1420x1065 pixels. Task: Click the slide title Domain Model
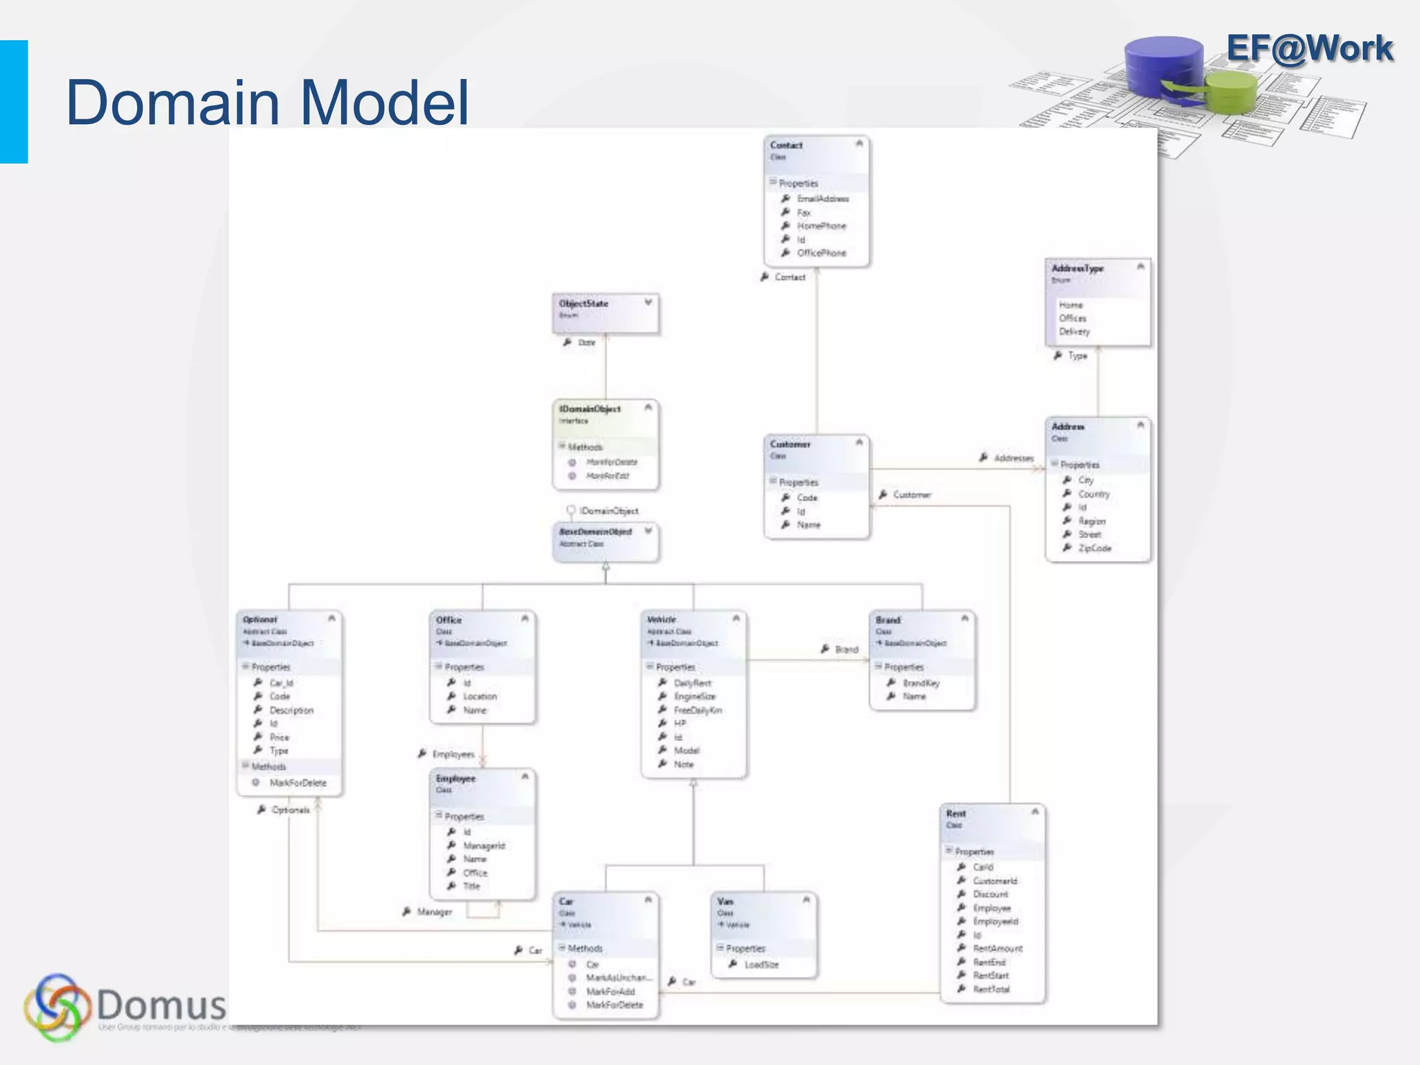[x=267, y=103]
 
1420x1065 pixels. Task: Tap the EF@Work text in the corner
[x=1309, y=49]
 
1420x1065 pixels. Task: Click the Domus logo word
[x=161, y=1004]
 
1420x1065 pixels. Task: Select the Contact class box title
[x=786, y=146]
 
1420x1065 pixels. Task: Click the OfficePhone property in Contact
[x=821, y=253]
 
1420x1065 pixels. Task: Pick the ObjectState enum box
[x=605, y=312]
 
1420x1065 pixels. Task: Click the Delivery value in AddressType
[x=1074, y=331]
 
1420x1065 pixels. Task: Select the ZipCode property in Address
[x=1094, y=548]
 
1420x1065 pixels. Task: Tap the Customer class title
[x=790, y=444]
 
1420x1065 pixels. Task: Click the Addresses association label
[x=1013, y=458]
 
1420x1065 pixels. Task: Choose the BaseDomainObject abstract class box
[x=605, y=541]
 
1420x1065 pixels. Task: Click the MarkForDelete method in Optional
[x=297, y=783]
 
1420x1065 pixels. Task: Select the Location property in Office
[x=480, y=696]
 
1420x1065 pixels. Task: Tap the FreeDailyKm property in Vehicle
[x=698, y=710]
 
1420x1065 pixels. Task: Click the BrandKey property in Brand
[x=921, y=683]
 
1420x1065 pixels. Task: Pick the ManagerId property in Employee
[x=484, y=845]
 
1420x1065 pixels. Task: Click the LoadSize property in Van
[x=761, y=964]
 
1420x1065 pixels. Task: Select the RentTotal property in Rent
[x=991, y=989]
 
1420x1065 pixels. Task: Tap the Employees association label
[x=453, y=754]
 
